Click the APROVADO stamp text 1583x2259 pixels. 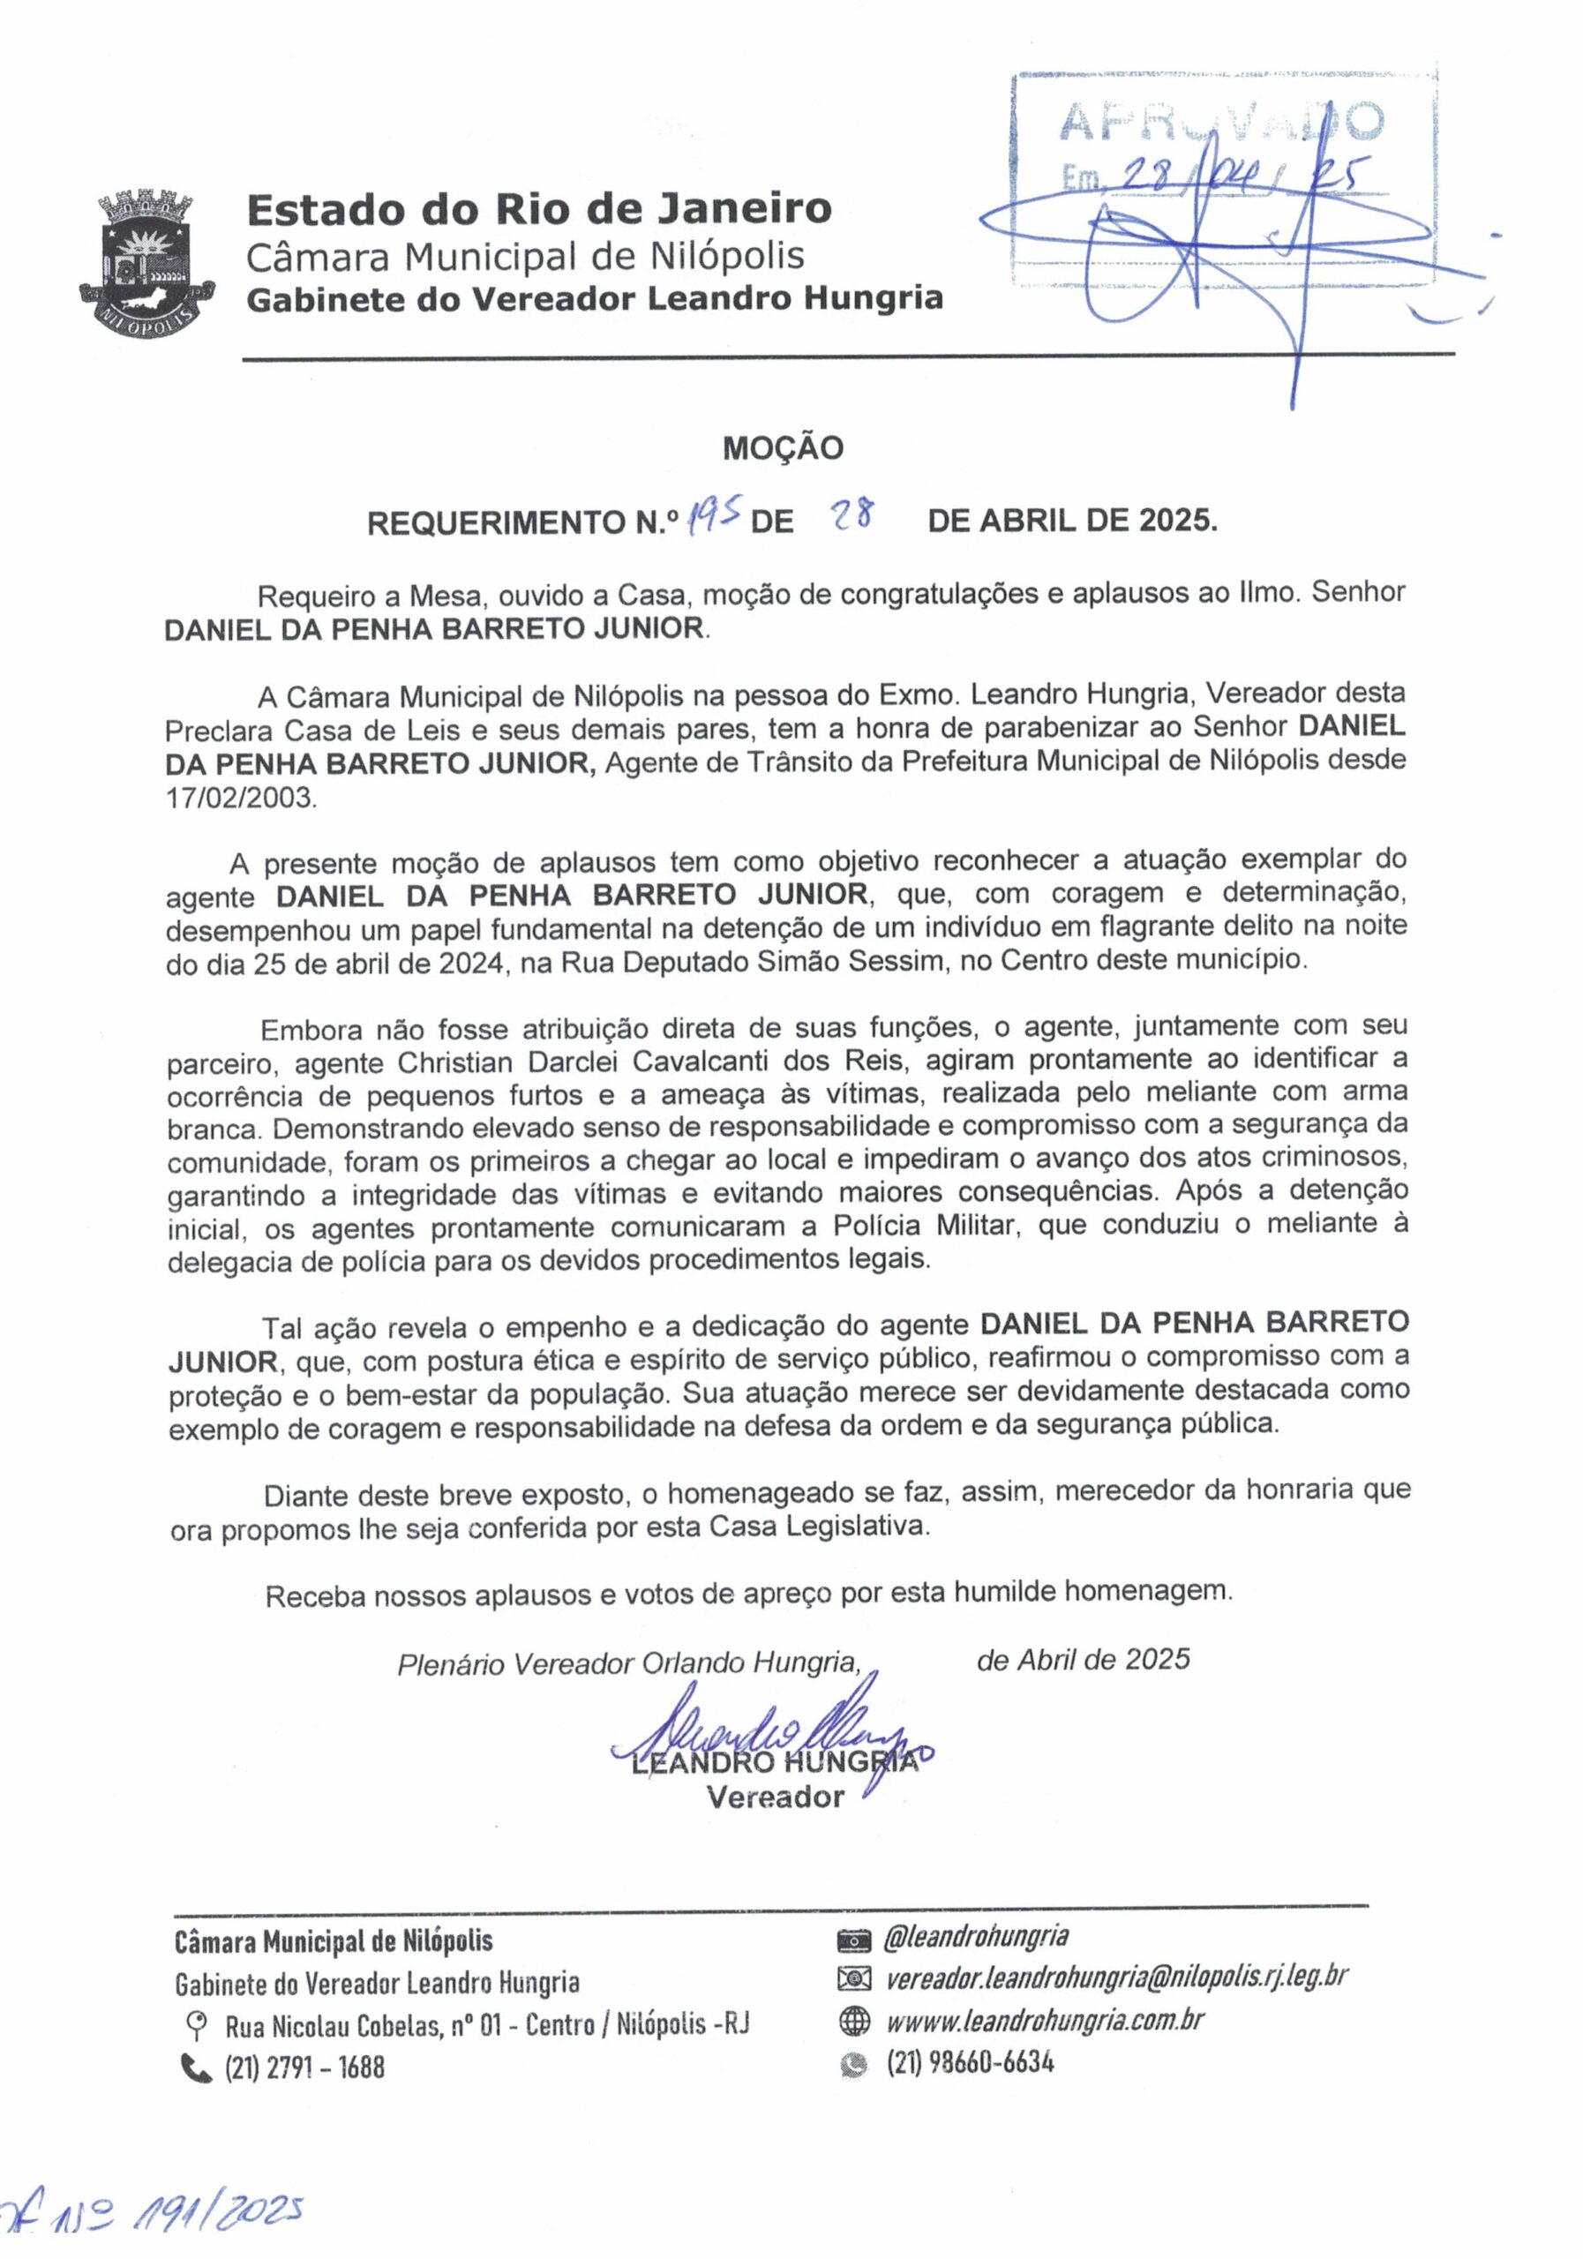coord(1221,122)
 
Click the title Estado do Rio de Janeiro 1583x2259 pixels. coord(538,208)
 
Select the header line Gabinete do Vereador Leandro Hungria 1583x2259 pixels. coord(594,298)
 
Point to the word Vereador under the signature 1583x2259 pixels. coord(776,1797)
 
